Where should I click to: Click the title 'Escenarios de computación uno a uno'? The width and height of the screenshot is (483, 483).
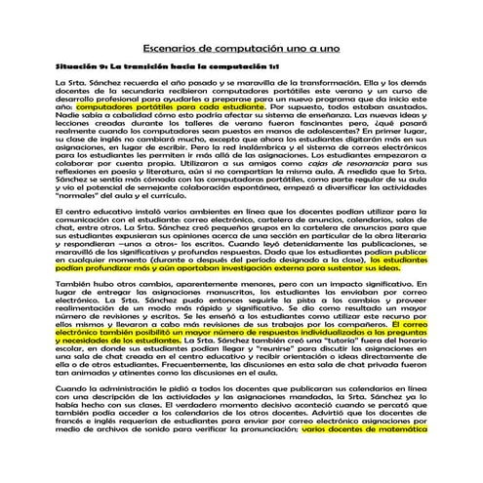coord(241,45)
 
